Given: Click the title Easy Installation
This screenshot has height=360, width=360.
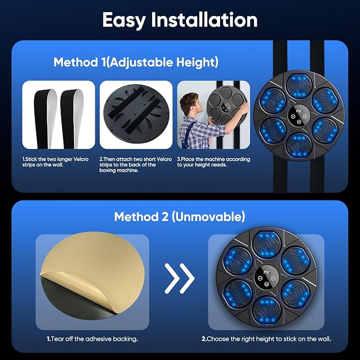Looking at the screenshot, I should click(x=180, y=20).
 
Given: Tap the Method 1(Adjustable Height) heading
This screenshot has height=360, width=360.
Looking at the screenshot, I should click(x=136, y=63).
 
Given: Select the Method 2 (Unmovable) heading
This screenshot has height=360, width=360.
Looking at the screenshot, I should click(x=180, y=217).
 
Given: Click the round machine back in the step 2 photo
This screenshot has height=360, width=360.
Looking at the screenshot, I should click(x=136, y=116).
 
